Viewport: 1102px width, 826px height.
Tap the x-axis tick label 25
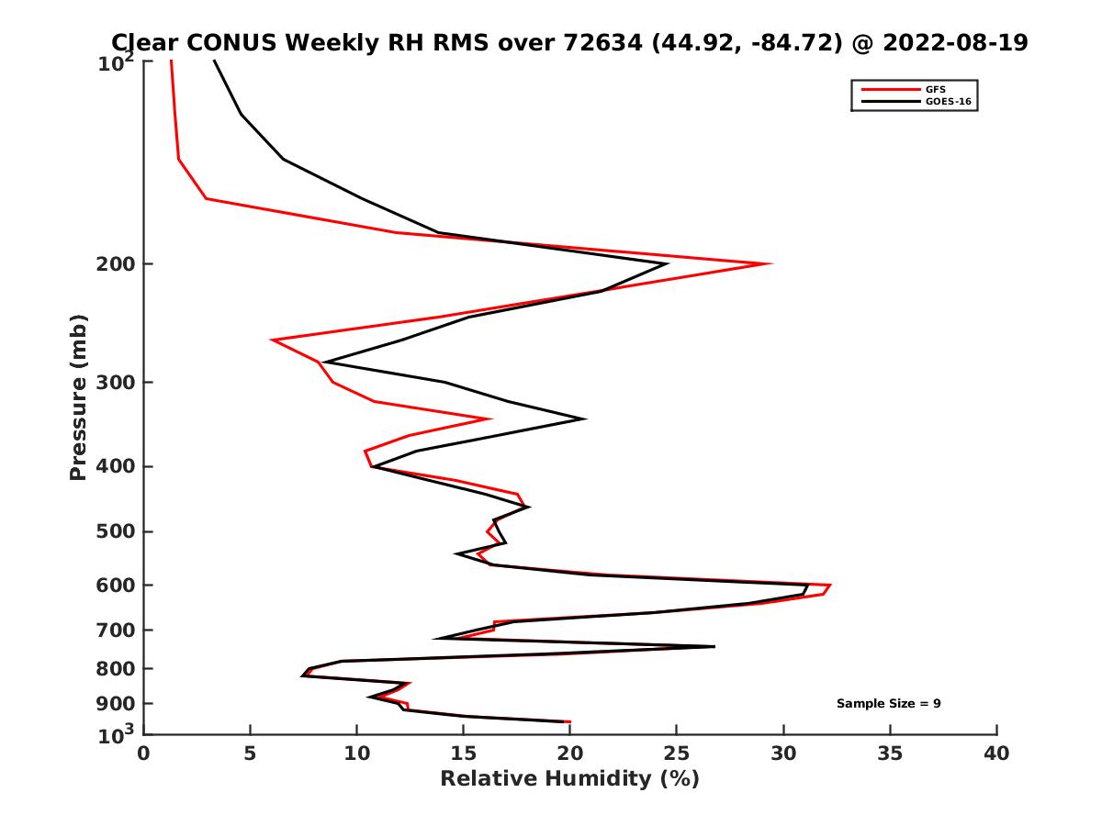point(677,753)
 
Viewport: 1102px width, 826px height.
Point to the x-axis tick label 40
point(996,753)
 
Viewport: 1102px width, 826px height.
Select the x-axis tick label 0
point(143,753)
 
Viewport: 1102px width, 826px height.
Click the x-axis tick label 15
point(463,753)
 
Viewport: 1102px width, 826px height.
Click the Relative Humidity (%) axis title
point(569,779)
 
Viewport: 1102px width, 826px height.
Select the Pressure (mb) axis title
point(78,396)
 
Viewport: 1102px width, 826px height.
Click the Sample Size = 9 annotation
point(888,704)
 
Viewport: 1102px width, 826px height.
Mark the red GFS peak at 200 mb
point(770,264)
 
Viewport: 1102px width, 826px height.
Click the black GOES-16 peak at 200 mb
point(667,264)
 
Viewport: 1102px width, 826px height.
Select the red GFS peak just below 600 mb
point(830,586)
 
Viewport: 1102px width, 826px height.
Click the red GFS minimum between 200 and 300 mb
point(272,340)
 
